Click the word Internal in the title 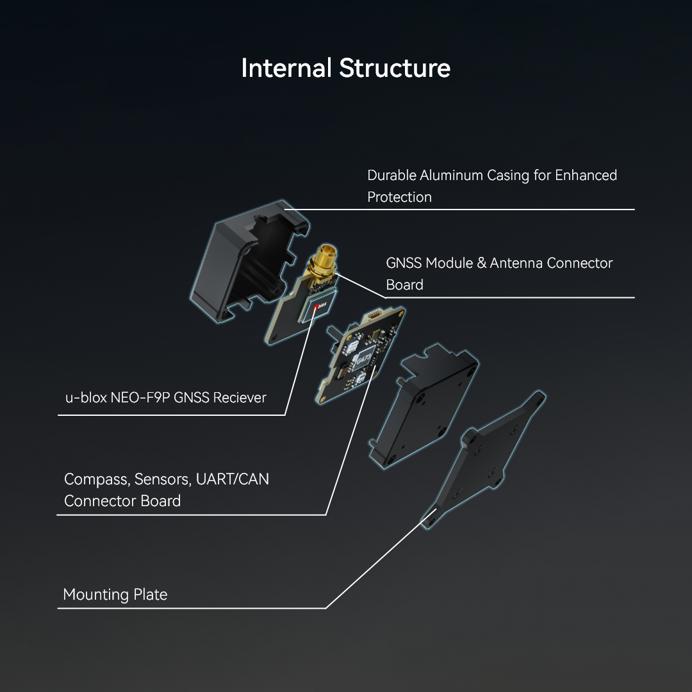coord(286,68)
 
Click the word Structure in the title coord(395,68)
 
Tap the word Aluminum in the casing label coord(451,175)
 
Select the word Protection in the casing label coord(399,197)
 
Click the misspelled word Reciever coord(239,398)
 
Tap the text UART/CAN coord(232,479)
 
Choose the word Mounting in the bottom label coord(95,595)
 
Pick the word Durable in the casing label coord(391,175)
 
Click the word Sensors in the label coord(163,479)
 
